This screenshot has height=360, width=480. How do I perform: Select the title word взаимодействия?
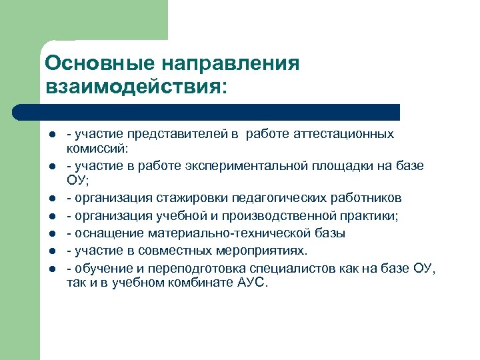pos(136,86)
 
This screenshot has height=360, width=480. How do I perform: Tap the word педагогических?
pos(276,197)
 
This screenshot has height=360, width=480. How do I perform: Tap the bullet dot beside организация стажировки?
pos(50,198)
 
